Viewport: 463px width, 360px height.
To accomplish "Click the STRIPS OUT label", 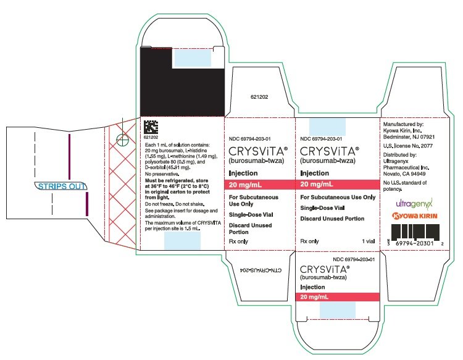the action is [61, 186].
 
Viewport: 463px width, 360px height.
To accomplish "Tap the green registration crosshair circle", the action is [123, 140].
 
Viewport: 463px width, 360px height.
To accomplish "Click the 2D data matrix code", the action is [151, 127].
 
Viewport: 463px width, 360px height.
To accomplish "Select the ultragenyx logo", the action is [414, 204].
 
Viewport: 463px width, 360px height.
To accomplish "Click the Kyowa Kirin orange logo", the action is [415, 216].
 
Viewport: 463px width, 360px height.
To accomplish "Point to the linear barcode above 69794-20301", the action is [415, 232].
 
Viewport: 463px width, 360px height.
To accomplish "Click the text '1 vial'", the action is [368, 241].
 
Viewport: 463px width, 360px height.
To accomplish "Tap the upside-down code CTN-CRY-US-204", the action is [261, 270].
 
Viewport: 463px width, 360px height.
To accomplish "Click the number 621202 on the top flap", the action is [259, 97].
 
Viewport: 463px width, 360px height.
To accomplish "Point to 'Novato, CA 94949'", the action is [404, 174].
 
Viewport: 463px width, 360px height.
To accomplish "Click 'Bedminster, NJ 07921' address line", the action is [409, 137].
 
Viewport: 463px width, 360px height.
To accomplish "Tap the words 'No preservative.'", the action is [162, 174].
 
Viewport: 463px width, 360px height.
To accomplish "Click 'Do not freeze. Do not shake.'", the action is [175, 204].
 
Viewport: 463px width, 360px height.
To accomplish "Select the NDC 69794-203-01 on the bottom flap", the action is [354, 259].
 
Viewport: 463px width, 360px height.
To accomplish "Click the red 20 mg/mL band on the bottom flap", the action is [338, 297].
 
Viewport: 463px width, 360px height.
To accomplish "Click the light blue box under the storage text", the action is [182, 240].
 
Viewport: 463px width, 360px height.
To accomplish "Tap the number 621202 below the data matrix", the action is [151, 137].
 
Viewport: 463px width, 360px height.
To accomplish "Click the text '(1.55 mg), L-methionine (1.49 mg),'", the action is [181, 156].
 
